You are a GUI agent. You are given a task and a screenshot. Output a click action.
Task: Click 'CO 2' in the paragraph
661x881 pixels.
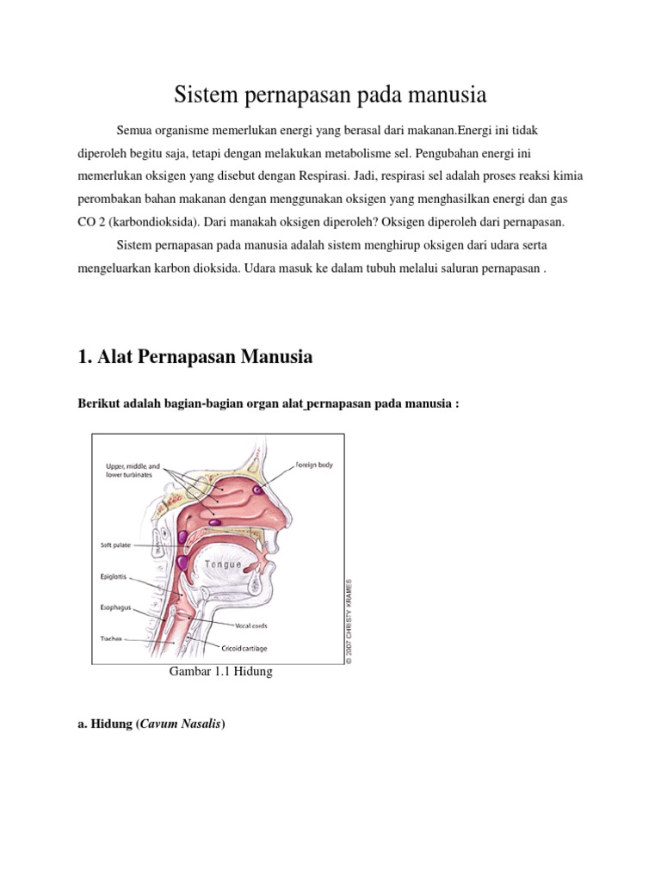pos(90,221)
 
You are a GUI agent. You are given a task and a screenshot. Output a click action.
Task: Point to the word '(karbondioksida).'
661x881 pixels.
pos(153,221)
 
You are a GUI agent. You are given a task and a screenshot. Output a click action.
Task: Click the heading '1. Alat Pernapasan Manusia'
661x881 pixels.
pos(195,356)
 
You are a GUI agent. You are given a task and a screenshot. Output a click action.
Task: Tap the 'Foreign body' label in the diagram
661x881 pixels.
pos(314,465)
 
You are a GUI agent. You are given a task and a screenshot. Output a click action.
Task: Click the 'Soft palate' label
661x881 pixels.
pos(116,545)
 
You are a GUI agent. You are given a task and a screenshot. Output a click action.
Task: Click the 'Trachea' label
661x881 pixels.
pos(109,639)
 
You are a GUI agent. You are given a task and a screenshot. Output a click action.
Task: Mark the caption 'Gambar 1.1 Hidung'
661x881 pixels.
pos(223,672)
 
